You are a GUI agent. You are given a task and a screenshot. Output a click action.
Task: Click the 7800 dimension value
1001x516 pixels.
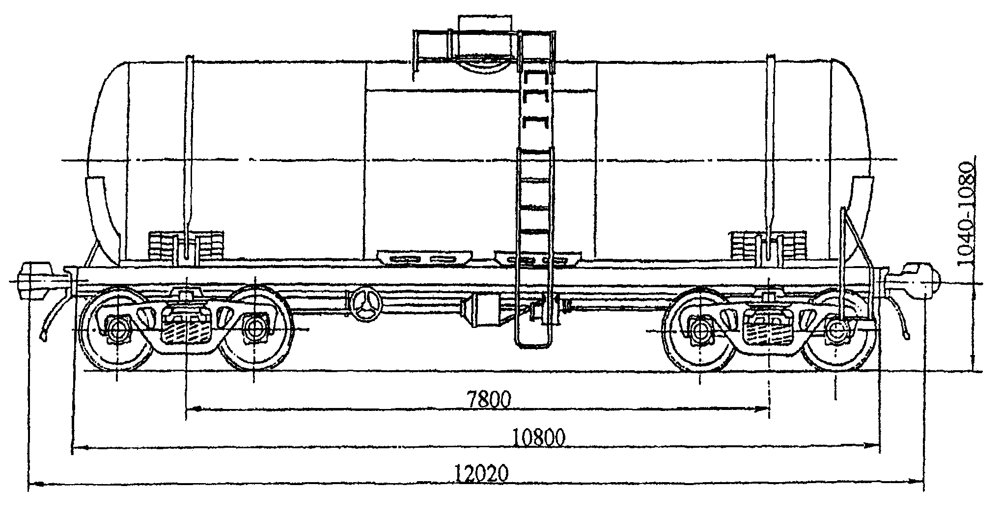click(489, 399)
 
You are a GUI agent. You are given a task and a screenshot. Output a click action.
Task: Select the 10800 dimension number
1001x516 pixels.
click(539, 436)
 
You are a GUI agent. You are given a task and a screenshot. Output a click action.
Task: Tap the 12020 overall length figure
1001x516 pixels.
click(481, 474)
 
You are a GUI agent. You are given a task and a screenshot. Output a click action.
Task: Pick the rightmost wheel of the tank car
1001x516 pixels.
click(835, 331)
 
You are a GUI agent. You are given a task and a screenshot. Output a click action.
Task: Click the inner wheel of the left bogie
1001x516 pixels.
click(254, 327)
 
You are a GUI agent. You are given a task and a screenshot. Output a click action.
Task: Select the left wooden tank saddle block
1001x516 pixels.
click(187, 248)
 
